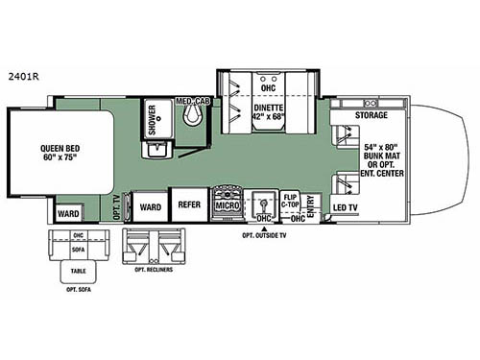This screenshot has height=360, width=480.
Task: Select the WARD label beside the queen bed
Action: pyautogui.click(x=67, y=213)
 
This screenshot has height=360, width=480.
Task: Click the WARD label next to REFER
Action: pyautogui.click(x=149, y=204)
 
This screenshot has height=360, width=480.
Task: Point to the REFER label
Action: pyautogui.click(x=186, y=204)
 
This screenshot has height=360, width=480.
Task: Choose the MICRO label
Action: pyautogui.click(x=227, y=204)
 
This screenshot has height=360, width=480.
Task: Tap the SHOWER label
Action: pyautogui.click(x=152, y=120)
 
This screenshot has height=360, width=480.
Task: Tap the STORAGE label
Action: pyautogui.click(x=371, y=115)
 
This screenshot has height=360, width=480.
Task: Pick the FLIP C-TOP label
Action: pyautogui.click(x=291, y=201)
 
